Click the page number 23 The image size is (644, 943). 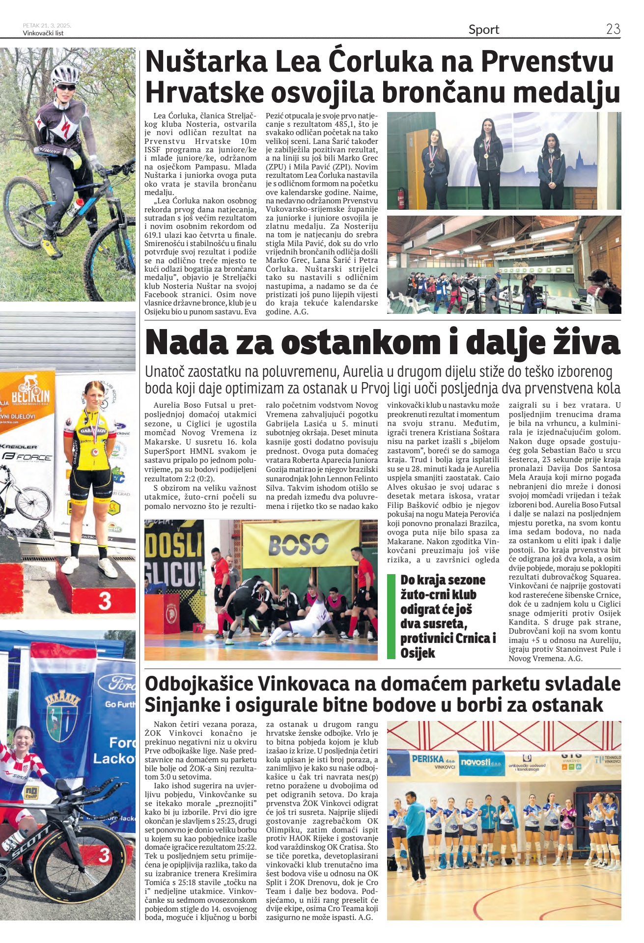(613, 29)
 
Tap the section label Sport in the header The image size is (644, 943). (483, 30)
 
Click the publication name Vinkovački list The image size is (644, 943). (43, 33)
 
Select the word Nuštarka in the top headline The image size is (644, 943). (206, 62)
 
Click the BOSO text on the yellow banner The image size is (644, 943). (298, 544)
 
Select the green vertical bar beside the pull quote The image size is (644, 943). (391, 616)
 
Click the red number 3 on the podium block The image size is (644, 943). (104, 601)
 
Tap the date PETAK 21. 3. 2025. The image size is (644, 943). (47, 26)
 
